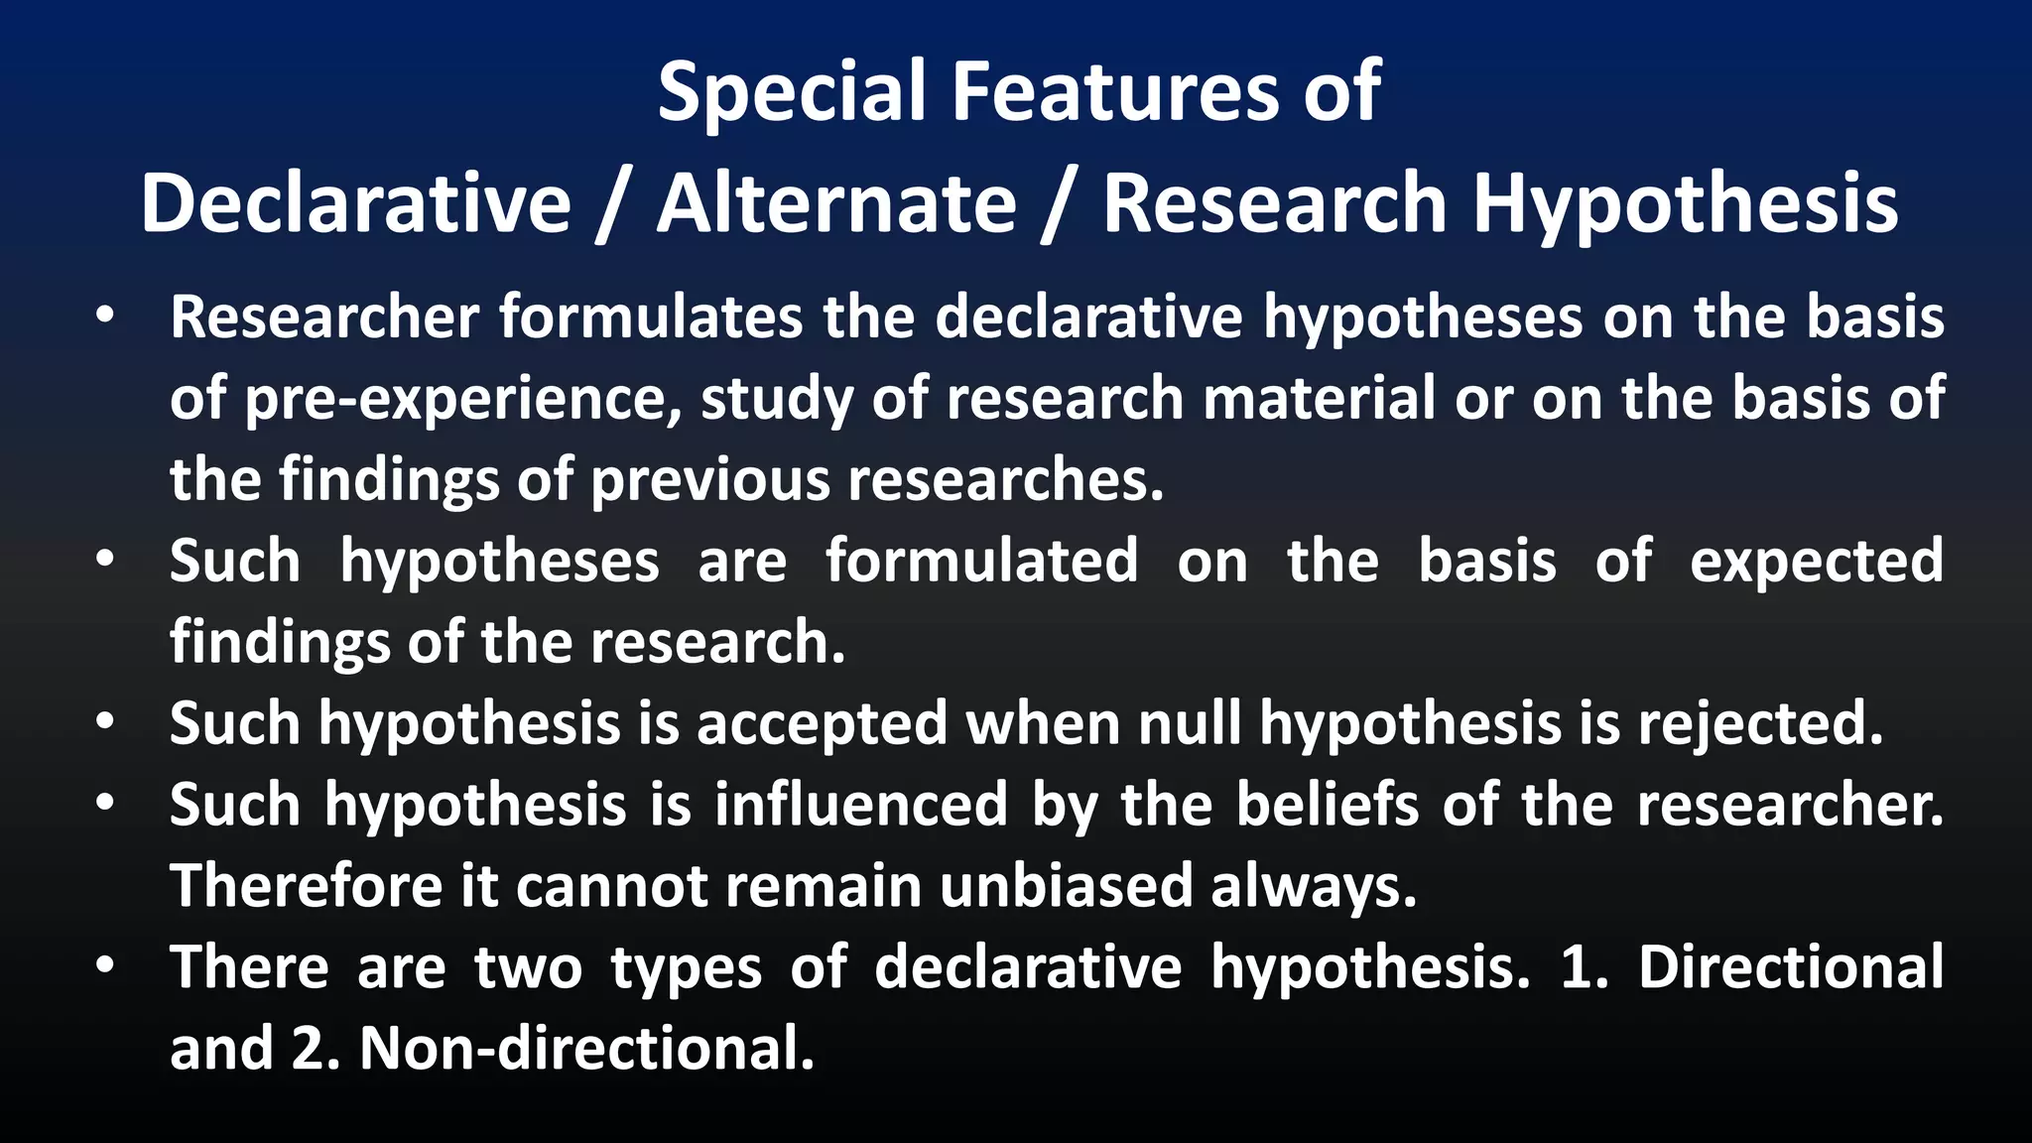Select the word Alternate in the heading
(836, 204)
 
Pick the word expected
(1816, 562)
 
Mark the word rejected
(1759, 723)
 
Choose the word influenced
(860, 805)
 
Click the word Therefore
(306, 886)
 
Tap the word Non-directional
(586, 1049)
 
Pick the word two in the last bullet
(528, 968)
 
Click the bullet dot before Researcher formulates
(105, 317)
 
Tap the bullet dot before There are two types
(105, 966)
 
